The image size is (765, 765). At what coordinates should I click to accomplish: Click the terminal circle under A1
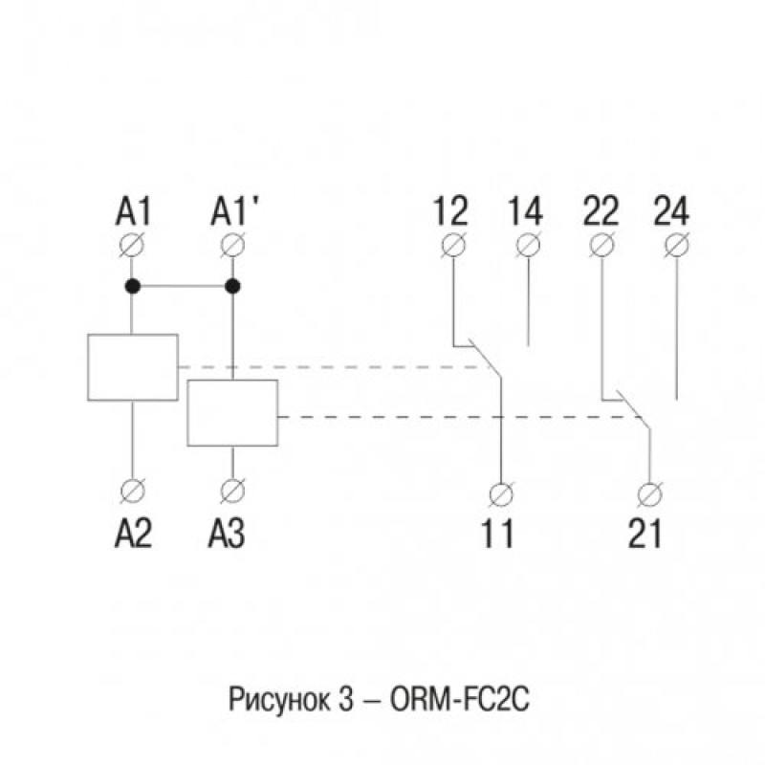point(132,245)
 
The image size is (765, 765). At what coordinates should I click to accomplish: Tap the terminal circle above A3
point(232,491)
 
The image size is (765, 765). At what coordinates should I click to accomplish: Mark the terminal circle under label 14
point(529,245)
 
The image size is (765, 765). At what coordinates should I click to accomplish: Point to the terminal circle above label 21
point(650,494)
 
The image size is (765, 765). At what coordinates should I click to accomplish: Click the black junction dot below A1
point(133,286)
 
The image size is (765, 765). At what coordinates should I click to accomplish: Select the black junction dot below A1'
point(232,286)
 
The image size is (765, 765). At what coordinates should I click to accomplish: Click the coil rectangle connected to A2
point(133,367)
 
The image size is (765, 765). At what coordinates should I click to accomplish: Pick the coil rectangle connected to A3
point(232,413)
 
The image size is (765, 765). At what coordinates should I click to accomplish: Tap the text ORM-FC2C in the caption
point(459,700)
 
